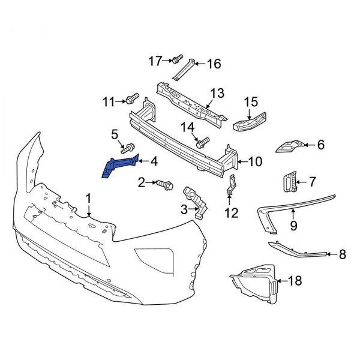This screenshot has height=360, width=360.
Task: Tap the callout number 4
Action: (x=154, y=161)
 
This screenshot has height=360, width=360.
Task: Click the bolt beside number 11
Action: (x=132, y=97)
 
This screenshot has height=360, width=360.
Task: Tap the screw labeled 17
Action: (x=177, y=59)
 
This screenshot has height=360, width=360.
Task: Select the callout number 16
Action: (x=214, y=64)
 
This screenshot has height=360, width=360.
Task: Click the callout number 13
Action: (x=217, y=93)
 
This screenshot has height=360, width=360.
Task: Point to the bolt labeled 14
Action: (x=202, y=143)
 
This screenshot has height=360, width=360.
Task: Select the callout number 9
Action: (x=293, y=226)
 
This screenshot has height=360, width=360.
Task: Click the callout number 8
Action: (x=343, y=254)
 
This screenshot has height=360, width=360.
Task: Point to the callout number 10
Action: (x=255, y=161)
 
